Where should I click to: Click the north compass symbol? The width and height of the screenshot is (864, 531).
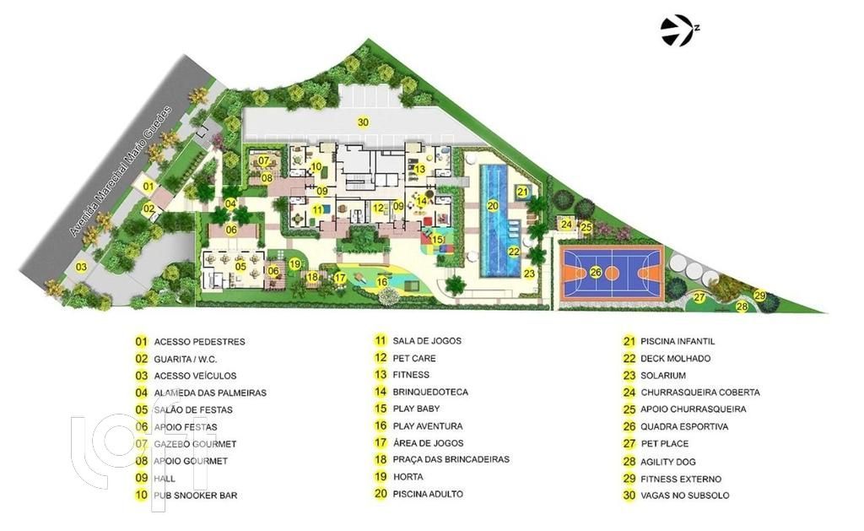point(678,31)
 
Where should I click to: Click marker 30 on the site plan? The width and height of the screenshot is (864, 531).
point(363,122)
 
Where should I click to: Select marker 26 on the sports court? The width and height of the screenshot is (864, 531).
point(595,272)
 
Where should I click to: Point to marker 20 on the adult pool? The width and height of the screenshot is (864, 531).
point(493,205)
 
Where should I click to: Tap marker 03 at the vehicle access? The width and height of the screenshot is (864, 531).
point(81,268)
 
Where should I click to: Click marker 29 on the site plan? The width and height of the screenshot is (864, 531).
point(759,295)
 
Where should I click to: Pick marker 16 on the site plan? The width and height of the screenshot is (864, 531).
point(381,282)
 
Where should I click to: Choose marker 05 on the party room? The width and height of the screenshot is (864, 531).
point(240,267)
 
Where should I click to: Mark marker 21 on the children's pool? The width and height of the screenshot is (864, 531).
point(522,192)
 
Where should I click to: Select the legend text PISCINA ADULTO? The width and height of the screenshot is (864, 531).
point(427,494)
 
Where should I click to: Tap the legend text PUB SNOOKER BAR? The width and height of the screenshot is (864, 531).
point(190,496)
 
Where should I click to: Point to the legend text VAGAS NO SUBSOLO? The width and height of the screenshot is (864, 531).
point(684,496)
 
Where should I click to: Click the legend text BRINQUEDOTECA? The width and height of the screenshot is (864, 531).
point(429,392)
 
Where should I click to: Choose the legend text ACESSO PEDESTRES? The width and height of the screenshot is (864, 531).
point(199,342)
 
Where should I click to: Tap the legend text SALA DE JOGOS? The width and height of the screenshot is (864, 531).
point(426,341)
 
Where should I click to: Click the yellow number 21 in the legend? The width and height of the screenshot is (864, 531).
point(628,341)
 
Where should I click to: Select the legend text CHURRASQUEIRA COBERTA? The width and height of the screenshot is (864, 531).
point(699,392)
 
